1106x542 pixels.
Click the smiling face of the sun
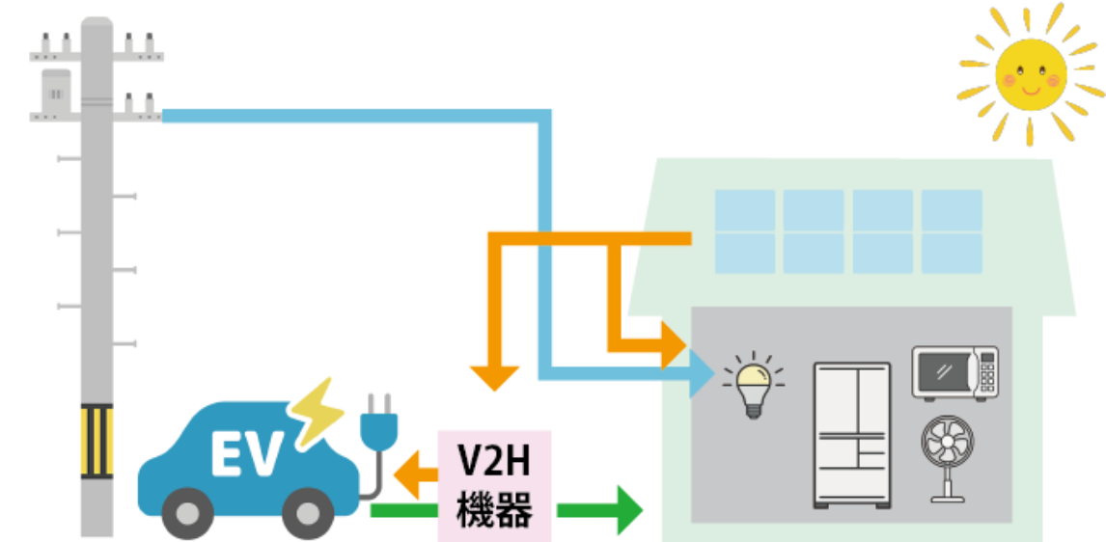click(1031, 75)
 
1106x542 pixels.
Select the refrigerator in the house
click(851, 434)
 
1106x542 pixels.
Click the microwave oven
click(954, 371)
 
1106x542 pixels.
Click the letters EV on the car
click(247, 453)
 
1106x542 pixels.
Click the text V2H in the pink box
click(493, 464)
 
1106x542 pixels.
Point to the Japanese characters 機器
click(493, 509)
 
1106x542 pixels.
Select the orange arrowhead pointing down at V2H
click(494, 379)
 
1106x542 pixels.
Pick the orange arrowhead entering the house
click(673, 344)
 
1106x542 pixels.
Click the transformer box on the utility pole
click(55, 91)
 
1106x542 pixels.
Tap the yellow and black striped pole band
click(96, 442)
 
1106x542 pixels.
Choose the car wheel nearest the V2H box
click(306, 514)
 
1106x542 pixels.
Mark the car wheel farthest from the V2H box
click(186, 514)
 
